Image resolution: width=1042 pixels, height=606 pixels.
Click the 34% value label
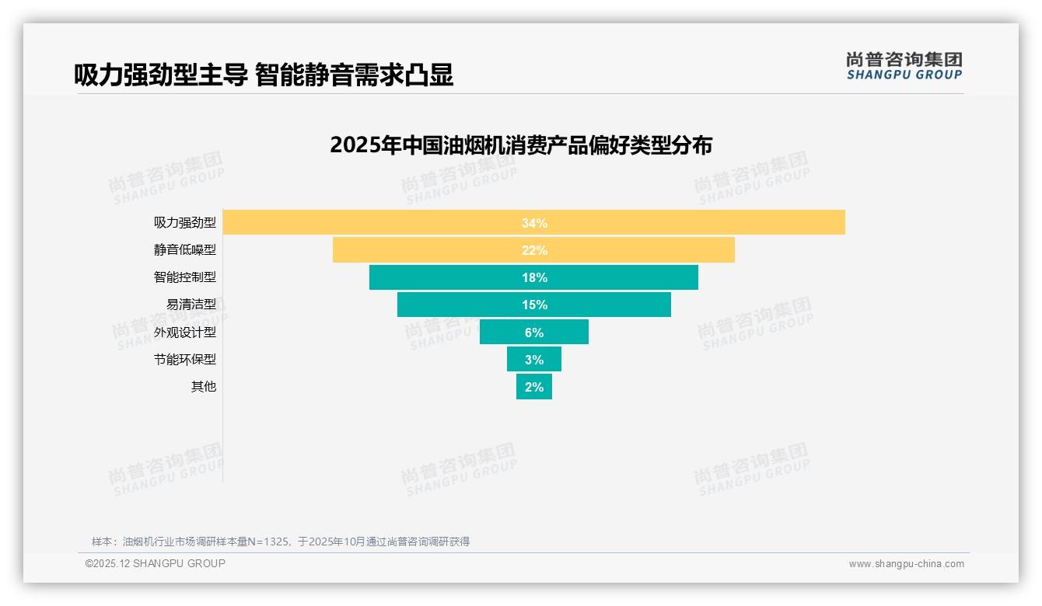click(x=534, y=223)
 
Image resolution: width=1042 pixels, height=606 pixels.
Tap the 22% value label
click(x=534, y=250)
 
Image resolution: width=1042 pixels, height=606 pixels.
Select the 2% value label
click(x=534, y=387)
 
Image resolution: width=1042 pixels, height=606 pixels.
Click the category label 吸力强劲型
click(x=185, y=223)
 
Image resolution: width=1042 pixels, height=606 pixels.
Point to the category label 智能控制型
click(x=185, y=277)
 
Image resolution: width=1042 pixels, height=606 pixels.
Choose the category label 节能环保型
click(x=185, y=360)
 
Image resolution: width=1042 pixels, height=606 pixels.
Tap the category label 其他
click(x=204, y=387)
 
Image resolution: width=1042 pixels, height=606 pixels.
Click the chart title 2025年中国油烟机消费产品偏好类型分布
click(x=521, y=145)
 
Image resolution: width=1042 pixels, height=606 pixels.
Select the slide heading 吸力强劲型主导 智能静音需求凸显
click(x=264, y=75)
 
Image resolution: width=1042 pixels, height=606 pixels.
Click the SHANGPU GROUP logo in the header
click(x=904, y=66)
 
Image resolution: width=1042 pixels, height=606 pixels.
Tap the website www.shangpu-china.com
click(x=906, y=564)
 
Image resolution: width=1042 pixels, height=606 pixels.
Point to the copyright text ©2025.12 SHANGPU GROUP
click(x=156, y=563)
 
